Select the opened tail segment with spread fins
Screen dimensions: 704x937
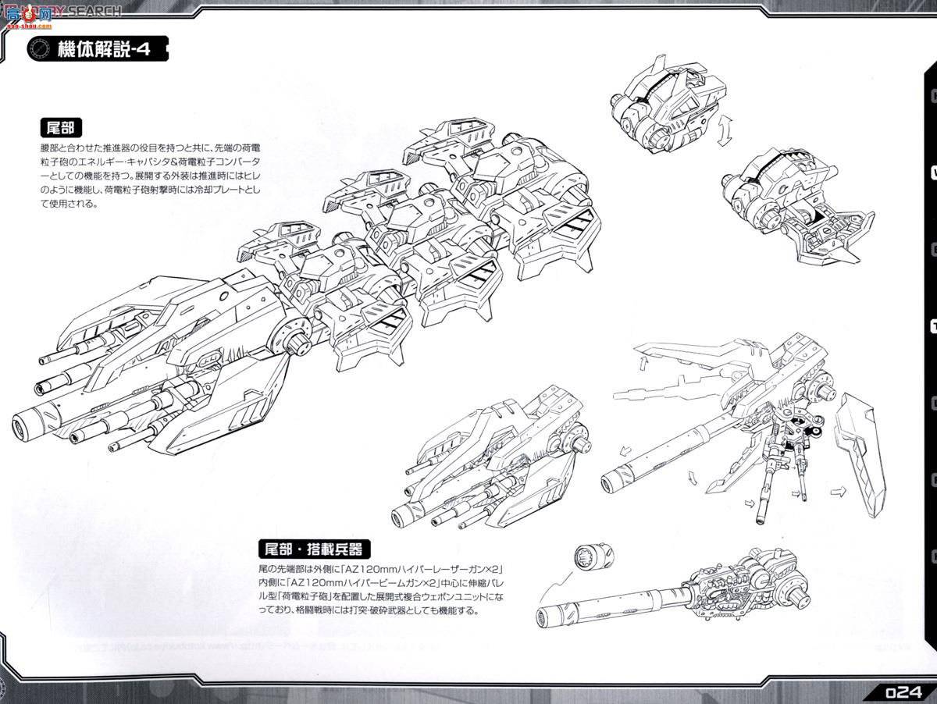click(x=789, y=203)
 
